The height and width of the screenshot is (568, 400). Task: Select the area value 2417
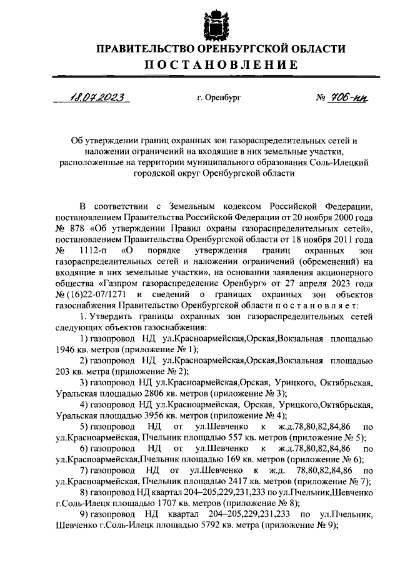227,481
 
